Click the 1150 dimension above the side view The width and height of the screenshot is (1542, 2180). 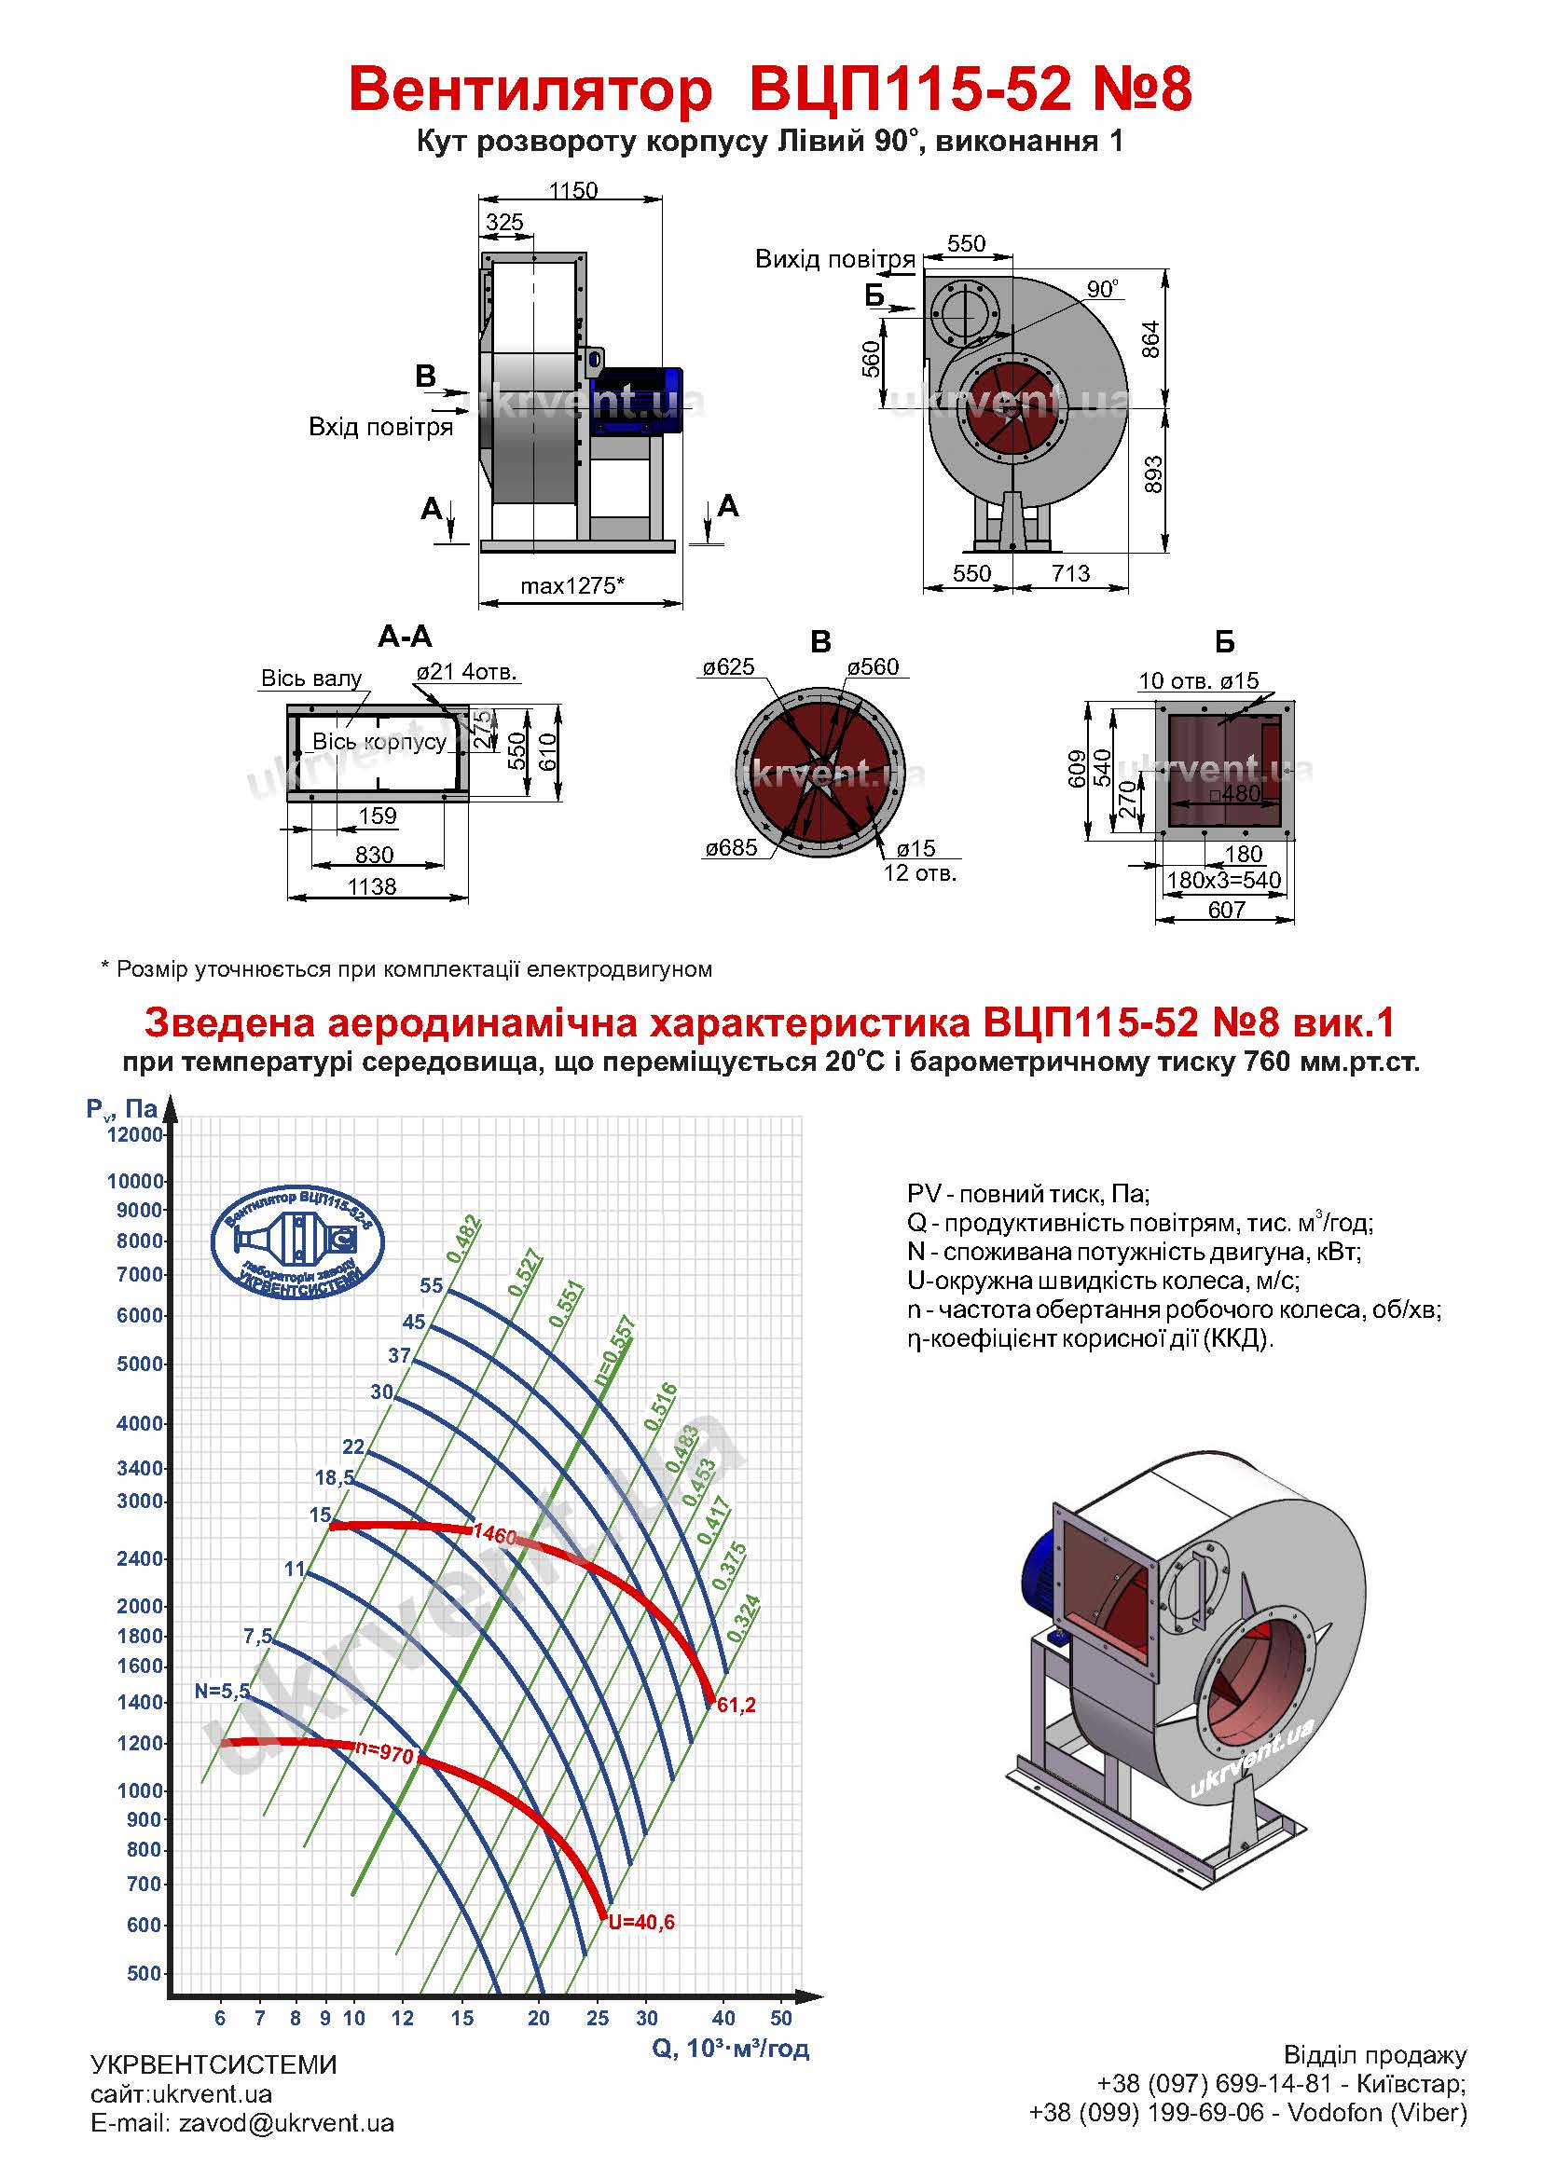click(572, 191)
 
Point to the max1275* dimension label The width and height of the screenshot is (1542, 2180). click(571, 586)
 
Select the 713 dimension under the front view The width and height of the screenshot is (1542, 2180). click(1070, 573)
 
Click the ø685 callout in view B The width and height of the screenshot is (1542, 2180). click(730, 848)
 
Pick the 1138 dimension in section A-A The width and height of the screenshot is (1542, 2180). click(371, 885)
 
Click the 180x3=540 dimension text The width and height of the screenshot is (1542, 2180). click(1224, 880)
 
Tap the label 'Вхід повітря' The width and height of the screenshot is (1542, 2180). click(379, 427)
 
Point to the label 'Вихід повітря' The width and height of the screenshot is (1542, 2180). click(834, 259)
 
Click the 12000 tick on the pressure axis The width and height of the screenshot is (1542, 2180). click(136, 1134)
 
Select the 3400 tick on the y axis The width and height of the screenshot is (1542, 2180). click(141, 1468)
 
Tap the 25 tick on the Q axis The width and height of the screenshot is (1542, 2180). click(598, 2018)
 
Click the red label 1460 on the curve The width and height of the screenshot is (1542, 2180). click(495, 1533)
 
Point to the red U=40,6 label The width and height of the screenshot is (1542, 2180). click(641, 1923)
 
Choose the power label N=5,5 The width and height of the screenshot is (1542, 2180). click(222, 1691)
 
